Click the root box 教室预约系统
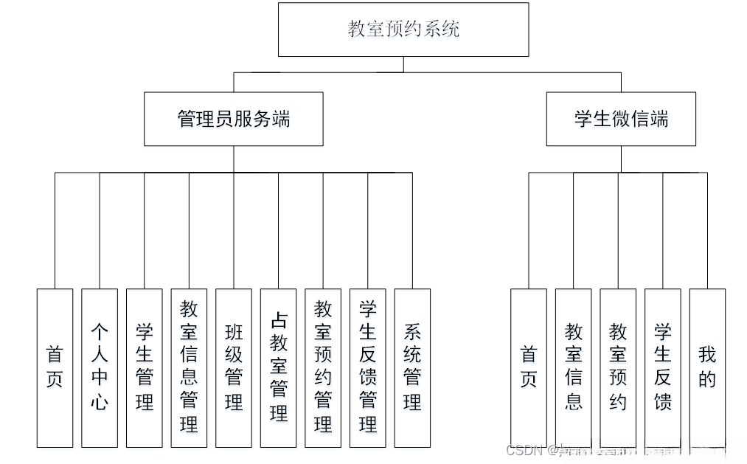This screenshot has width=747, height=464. (x=403, y=30)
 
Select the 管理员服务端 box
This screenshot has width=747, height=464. (x=234, y=119)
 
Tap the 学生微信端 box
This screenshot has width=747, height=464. (x=621, y=119)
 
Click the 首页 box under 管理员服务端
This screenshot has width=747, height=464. (x=55, y=367)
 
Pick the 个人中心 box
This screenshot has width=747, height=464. (x=100, y=367)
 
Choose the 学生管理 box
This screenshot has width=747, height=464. (x=145, y=367)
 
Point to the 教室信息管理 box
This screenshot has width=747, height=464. (x=189, y=367)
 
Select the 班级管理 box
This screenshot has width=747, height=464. (x=234, y=367)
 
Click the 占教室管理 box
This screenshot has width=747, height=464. (x=278, y=367)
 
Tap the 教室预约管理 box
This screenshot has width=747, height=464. (x=323, y=367)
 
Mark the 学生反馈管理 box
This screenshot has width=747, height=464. (x=367, y=367)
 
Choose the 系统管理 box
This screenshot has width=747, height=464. (x=412, y=367)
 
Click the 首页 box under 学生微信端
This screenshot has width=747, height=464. (x=529, y=367)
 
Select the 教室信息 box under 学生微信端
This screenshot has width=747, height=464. (x=574, y=367)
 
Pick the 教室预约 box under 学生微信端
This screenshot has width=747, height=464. (x=618, y=367)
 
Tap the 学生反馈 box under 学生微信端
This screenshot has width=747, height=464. (x=663, y=367)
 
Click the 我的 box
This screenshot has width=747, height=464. (x=707, y=367)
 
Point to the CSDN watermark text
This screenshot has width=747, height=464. (x=525, y=450)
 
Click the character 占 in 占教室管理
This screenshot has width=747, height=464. (x=278, y=319)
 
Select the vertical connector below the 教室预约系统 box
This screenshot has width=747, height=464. (x=403, y=64)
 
